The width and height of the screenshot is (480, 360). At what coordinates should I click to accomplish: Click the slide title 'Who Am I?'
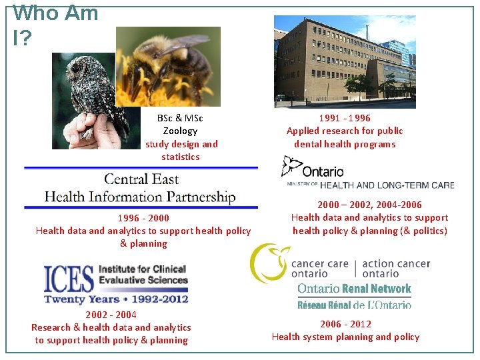coord(55,25)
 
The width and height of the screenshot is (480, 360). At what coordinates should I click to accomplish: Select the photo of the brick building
coord(345,61)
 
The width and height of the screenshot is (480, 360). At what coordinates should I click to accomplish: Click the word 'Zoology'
coord(180,131)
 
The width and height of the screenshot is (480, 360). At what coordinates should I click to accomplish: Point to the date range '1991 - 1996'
coord(345,118)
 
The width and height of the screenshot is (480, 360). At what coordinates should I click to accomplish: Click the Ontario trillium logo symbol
coord(291,167)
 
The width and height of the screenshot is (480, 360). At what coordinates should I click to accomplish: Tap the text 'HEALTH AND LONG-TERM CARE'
coord(387,185)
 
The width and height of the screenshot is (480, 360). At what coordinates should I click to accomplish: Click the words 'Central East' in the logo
coord(141,179)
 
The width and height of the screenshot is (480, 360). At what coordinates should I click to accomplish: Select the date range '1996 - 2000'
coord(143,218)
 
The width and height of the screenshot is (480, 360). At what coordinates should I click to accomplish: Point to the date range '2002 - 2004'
coord(111,315)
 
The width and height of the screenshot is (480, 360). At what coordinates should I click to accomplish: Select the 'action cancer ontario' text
coord(396,268)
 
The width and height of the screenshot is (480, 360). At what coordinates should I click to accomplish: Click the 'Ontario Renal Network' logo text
coord(354,289)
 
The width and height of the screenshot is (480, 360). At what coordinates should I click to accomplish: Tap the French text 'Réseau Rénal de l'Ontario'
coord(354,304)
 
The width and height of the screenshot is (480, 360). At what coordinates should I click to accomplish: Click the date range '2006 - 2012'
coord(345,324)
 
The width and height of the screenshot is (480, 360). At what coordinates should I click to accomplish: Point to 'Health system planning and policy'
coord(345,337)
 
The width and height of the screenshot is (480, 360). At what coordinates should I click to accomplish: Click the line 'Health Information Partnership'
coord(140,197)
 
